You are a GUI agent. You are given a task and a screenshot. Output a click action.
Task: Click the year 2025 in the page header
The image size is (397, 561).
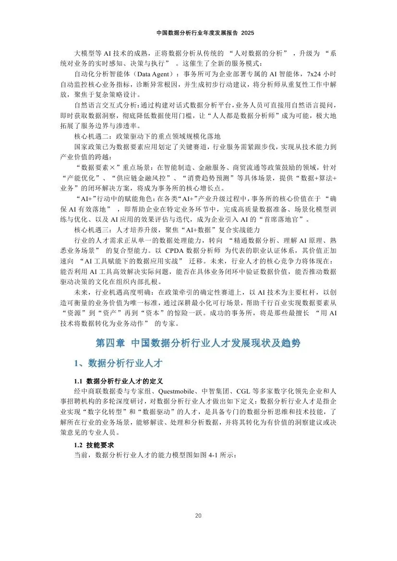click(x=247, y=33)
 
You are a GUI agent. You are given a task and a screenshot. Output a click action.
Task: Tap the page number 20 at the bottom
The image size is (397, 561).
click(x=198, y=515)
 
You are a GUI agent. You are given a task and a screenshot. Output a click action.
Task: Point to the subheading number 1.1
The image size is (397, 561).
click(x=78, y=382)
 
